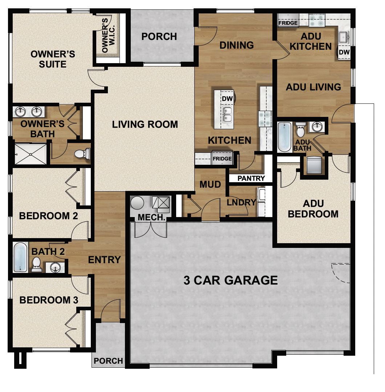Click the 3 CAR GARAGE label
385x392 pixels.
(x=231, y=280)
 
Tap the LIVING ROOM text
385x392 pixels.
(x=145, y=124)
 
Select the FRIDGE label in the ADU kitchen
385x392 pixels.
(x=288, y=23)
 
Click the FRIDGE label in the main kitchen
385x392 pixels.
(x=222, y=159)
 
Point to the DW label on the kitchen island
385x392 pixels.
(x=227, y=99)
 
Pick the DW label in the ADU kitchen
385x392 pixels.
(x=344, y=53)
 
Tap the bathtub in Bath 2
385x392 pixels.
(x=20, y=257)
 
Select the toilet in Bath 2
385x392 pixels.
(x=36, y=265)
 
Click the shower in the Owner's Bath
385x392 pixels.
(x=31, y=154)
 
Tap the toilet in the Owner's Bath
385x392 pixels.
(x=82, y=154)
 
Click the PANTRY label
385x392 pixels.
(x=251, y=179)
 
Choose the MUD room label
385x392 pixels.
(x=210, y=184)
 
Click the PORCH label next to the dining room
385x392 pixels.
(x=159, y=37)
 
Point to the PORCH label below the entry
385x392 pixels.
(x=108, y=361)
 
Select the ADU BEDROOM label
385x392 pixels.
(x=313, y=209)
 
